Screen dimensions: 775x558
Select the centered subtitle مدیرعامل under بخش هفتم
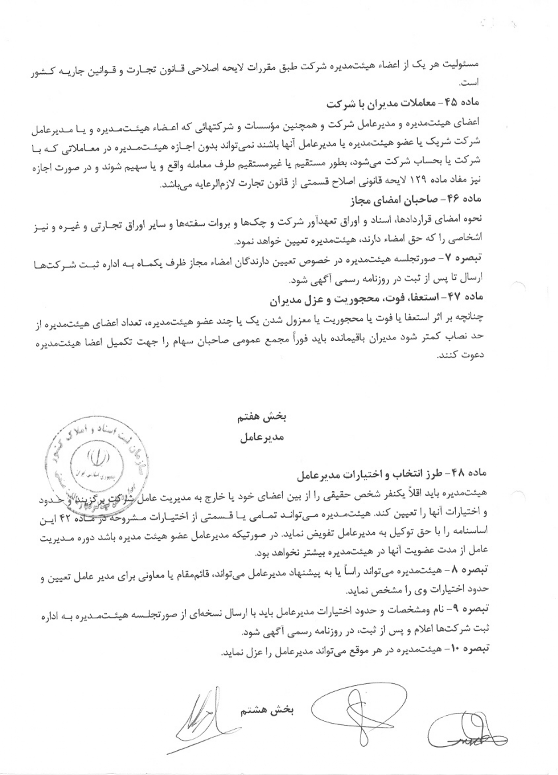[x=262, y=438]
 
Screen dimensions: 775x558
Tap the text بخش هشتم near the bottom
[x=269, y=711]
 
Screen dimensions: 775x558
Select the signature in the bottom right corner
[x=463, y=728]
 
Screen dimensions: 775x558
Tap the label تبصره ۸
[x=465, y=570]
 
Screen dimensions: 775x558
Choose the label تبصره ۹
[x=465, y=609]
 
